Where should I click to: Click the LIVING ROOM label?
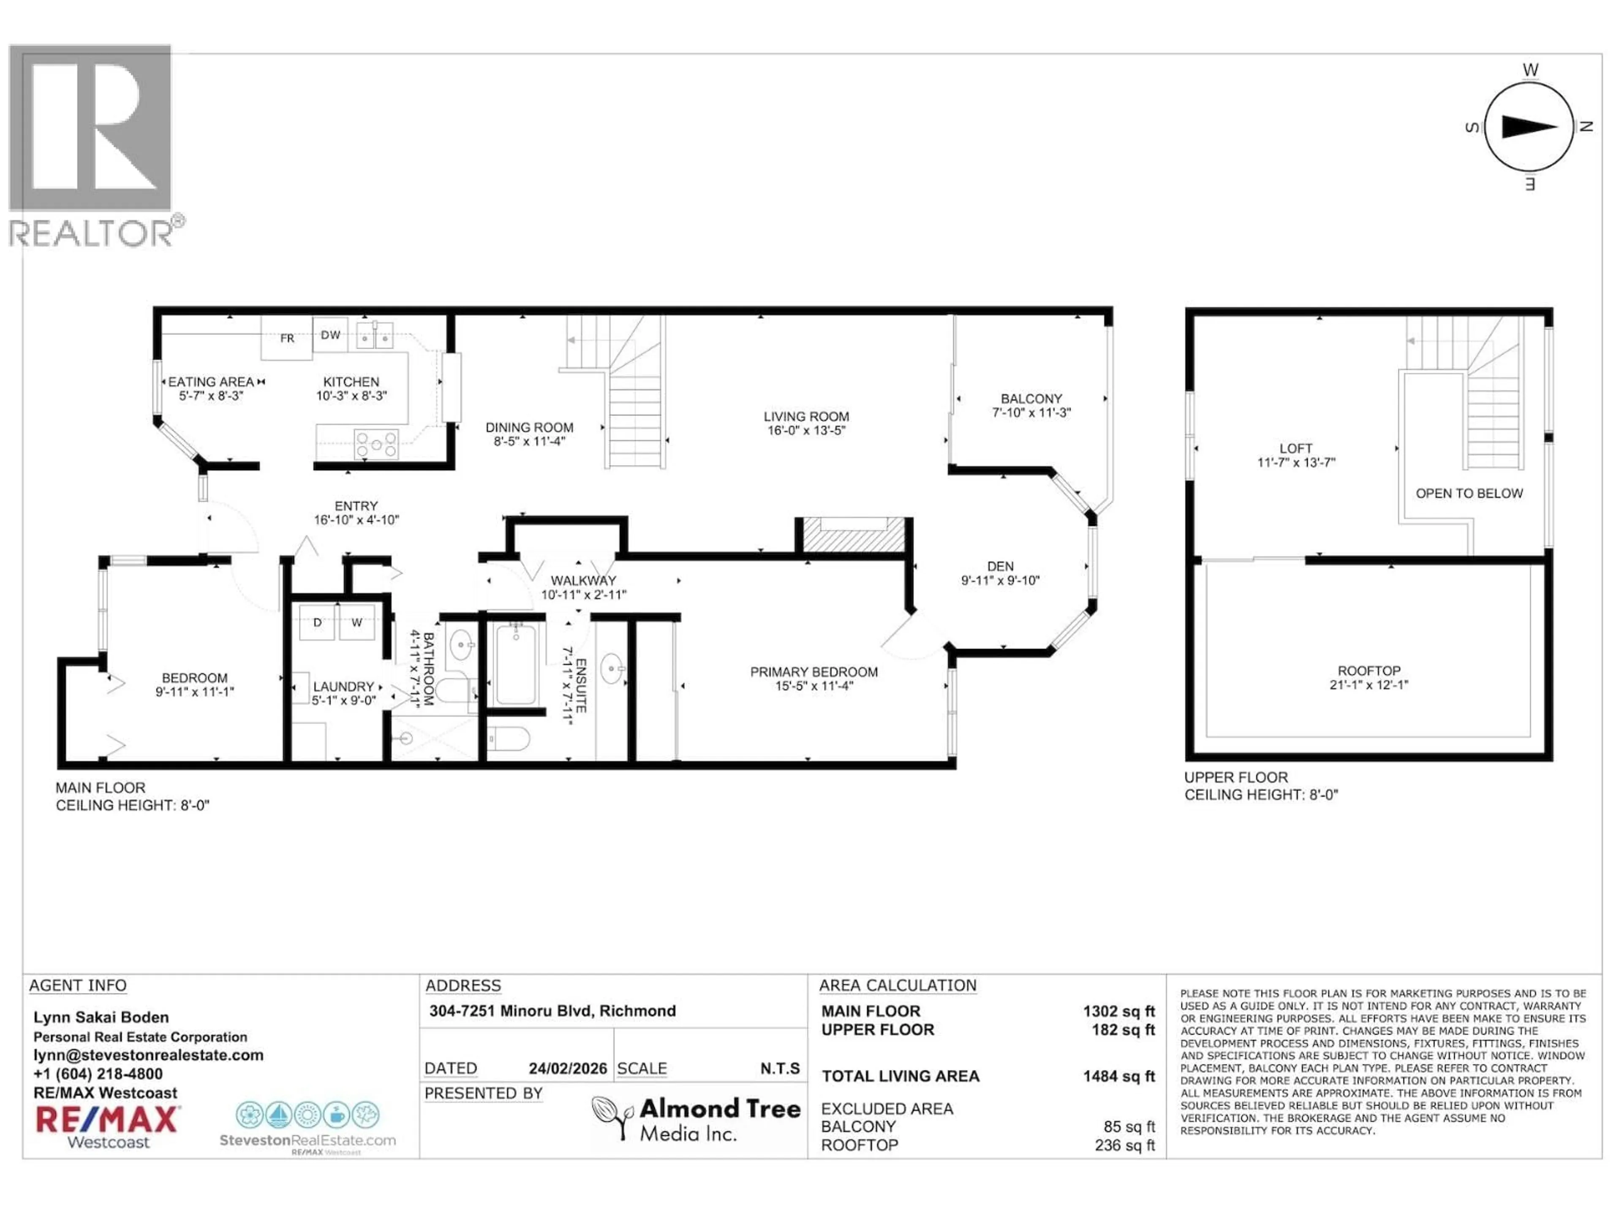[806, 416]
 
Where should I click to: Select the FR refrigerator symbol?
[287, 338]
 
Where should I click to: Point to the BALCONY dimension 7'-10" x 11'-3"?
[1031, 413]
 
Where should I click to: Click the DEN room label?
[1000, 567]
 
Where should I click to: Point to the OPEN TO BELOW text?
[1469, 493]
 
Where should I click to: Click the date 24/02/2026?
[568, 1069]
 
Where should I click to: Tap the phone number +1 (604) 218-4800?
[98, 1074]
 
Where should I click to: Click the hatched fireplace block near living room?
[854, 535]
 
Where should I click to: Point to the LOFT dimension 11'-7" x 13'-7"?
[1295, 462]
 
